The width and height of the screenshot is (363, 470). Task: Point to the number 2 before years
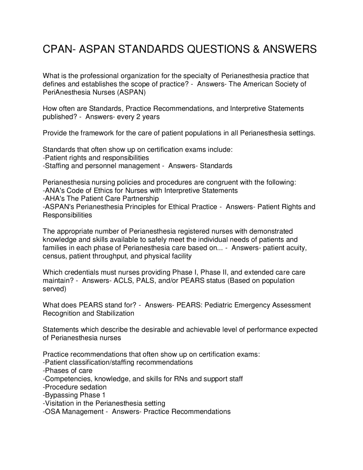tap(138, 117)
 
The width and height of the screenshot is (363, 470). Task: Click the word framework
tap(97, 133)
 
